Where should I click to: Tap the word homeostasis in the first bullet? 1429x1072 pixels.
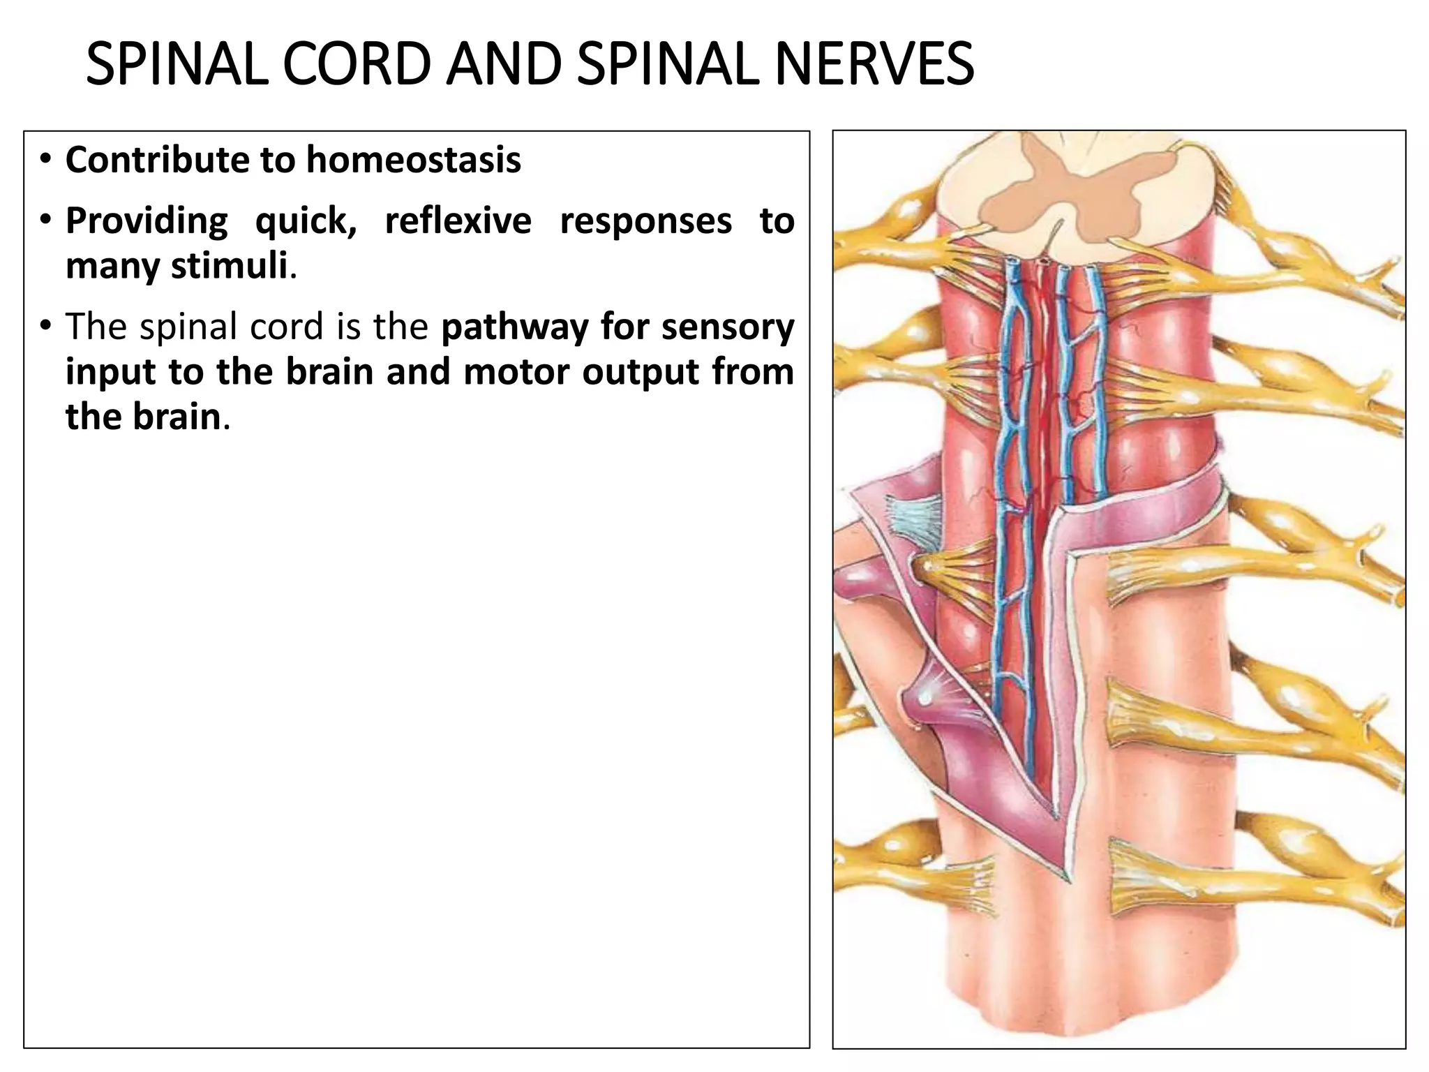coord(414,160)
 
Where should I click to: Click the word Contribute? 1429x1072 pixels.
coord(157,160)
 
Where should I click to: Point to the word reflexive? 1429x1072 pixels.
coord(458,221)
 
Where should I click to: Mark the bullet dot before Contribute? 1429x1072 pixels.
coord(45,160)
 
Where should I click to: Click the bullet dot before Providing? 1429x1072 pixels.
coord(45,221)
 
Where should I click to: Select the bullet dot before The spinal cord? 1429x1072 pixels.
coord(45,326)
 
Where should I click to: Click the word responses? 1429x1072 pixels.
coord(645,221)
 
